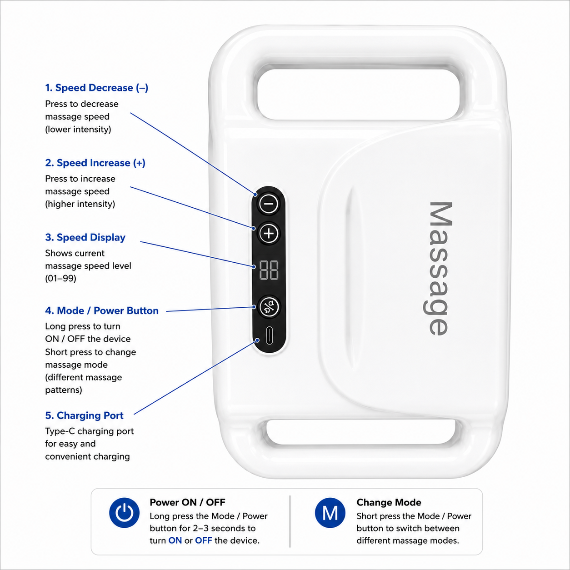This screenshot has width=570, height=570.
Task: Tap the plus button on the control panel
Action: tap(269, 234)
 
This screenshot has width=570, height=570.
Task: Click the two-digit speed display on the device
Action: tap(269, 270)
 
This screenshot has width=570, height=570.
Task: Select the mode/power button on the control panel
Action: tap(269, 307)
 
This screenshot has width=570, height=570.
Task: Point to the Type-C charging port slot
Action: tap(269, 335)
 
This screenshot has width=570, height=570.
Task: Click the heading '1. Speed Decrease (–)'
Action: tap(96, 88)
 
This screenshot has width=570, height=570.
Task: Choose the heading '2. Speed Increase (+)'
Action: tap(95, 163)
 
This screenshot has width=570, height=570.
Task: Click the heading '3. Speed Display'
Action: tap(85, 237)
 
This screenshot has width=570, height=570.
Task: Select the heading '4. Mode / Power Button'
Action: tap(102, 310)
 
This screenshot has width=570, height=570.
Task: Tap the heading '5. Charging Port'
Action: tap(84, 415)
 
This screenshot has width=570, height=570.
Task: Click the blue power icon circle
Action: tap(124, 513)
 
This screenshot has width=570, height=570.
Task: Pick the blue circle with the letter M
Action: tap(330, 513)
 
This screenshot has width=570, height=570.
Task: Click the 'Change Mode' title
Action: tap(389, 502)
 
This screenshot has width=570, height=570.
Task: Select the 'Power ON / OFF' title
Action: tap(187, 502)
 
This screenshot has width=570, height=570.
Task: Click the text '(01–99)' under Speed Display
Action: tap(60, 279)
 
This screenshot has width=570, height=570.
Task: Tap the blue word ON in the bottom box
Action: tap(175, 540)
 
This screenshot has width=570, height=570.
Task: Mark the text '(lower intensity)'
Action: tap(78, 130)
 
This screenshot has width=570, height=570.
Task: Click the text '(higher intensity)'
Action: tap(80, 204)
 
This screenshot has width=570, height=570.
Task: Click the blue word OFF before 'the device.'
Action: tap(204, 540)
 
